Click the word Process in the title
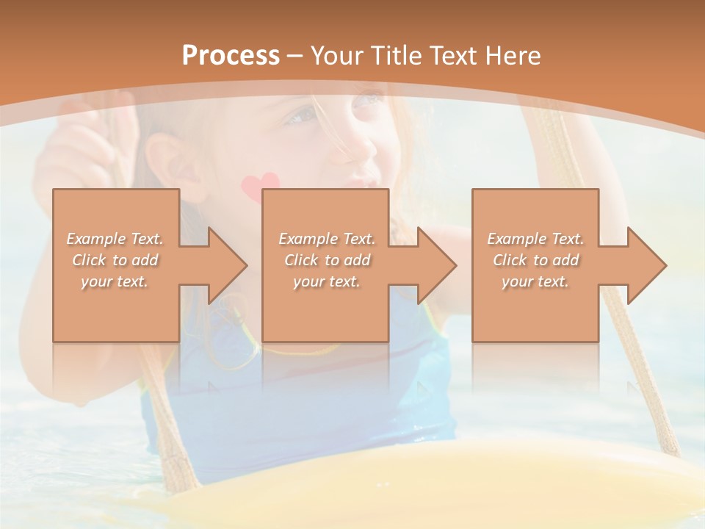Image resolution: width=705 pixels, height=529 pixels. (x=231, y=56)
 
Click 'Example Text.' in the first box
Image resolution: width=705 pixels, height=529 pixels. (x=115, y=239)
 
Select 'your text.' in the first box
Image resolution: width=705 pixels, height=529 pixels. (x=115, y=281)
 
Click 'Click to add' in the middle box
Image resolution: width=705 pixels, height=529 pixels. (x=327, y=260)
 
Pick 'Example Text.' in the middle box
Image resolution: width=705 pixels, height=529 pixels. (x=327, y=239)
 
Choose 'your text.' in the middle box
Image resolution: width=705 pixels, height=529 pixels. (x=327, y=281)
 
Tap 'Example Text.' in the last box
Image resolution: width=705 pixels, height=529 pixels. (x=535, y=239)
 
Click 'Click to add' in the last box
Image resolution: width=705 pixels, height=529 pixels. (x=535, y=260)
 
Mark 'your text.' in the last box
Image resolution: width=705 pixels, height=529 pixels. (x=535, y=281)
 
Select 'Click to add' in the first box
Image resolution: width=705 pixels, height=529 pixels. (x=115, y=260)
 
